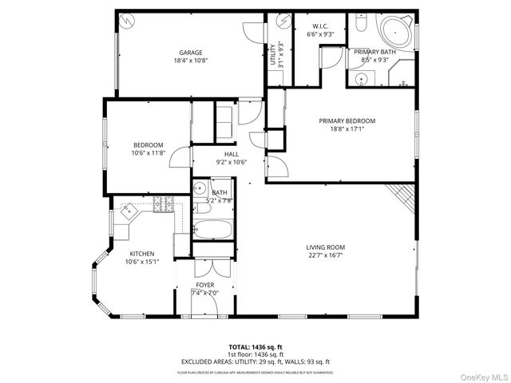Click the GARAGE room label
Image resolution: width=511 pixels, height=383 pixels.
pyautogui.click(x=190, y=53)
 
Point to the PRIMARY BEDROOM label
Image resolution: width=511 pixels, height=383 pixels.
pyautogui.click(x=347, y=121)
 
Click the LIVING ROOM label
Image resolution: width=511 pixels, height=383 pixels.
pyautogui.click(x=325, y=247)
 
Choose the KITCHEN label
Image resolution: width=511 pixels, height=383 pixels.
pyautogui.click(x=142, y=254)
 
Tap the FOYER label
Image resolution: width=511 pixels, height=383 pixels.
pyautogui.click(x=205, y=285)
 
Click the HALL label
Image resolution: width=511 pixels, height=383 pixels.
pyautogui.click(x=232, y=154)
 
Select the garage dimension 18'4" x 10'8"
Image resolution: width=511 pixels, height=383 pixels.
pyautogui.click(x=190, y=61)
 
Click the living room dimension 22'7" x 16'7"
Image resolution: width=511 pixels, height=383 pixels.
pyautogui.click(x=325, y=255)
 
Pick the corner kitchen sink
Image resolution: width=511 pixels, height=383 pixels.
pyautogui.click(x=128, y=213)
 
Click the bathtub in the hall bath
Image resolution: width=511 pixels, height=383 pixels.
pyautogui.click(x=212, y=231)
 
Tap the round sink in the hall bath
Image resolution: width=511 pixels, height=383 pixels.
pyautogui.click(x=198, y=189)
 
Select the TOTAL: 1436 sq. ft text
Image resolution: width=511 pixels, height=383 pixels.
pyautogui.click(x=255, y=347)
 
